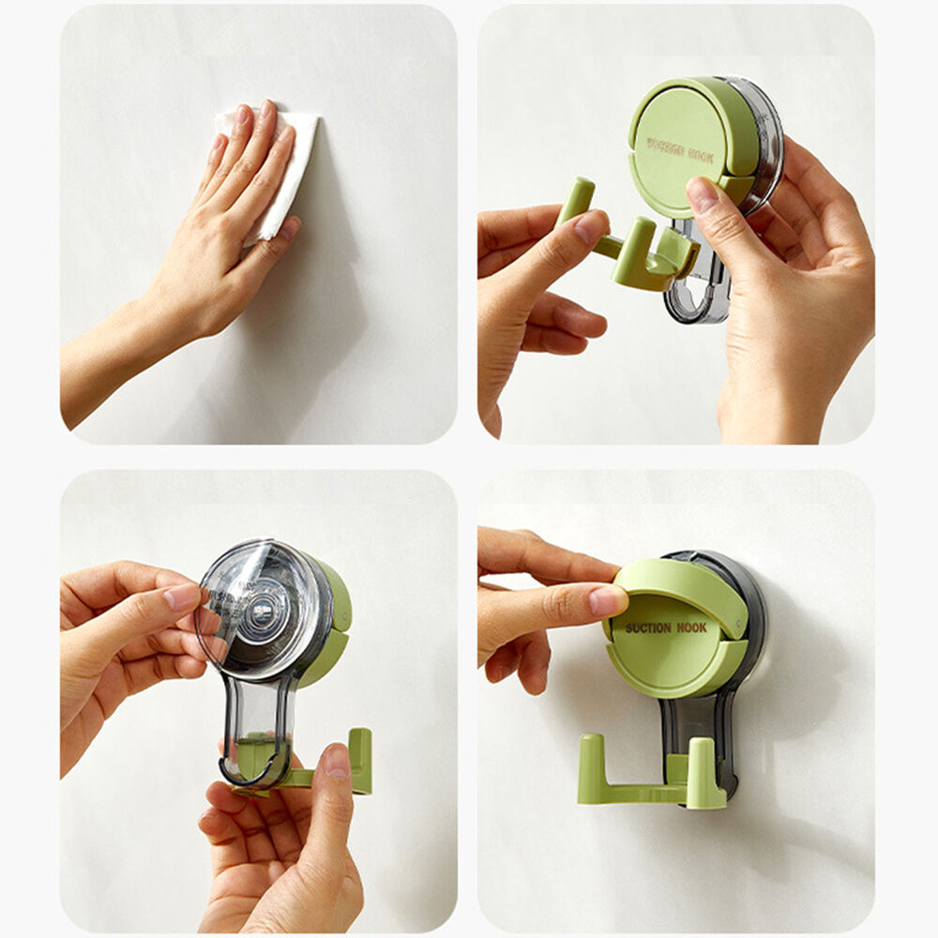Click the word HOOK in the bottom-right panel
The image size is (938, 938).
[x=692, y=628]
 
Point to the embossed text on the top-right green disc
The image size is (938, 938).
[x=680, y=150]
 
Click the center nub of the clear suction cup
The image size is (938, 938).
[x=262, y=612]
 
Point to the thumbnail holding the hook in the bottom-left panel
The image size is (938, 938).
[x=337, y=761]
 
